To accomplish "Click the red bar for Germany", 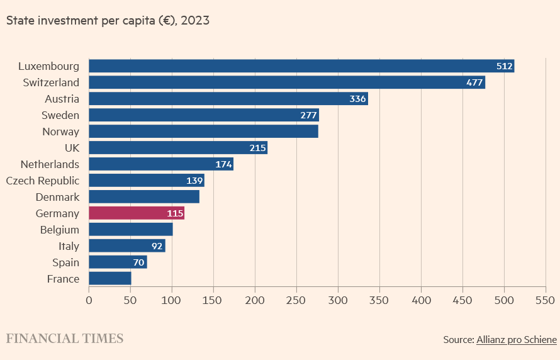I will click(136, 213).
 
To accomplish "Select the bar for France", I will click(110, 279).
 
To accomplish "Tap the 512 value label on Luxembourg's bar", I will click(505, 66).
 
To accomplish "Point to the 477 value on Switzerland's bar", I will click(474, 82).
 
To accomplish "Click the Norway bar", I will click(203, 132).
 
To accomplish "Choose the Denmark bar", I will click(144, 197).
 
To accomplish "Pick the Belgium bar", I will click(131, 230).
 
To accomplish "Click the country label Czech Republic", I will click(43, 181).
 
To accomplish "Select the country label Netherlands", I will click(50, 164).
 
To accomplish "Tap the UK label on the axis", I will click(72, 148).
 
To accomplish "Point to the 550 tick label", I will click(546, 300).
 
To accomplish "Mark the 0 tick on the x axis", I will click(89, 300).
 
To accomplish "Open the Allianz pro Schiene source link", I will click(517, 340).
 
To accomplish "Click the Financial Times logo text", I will click(65, 339).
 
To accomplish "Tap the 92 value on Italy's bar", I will click(157, 246).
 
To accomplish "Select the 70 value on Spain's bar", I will click(139, 262).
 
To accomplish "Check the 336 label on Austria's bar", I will click(358, 99).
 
